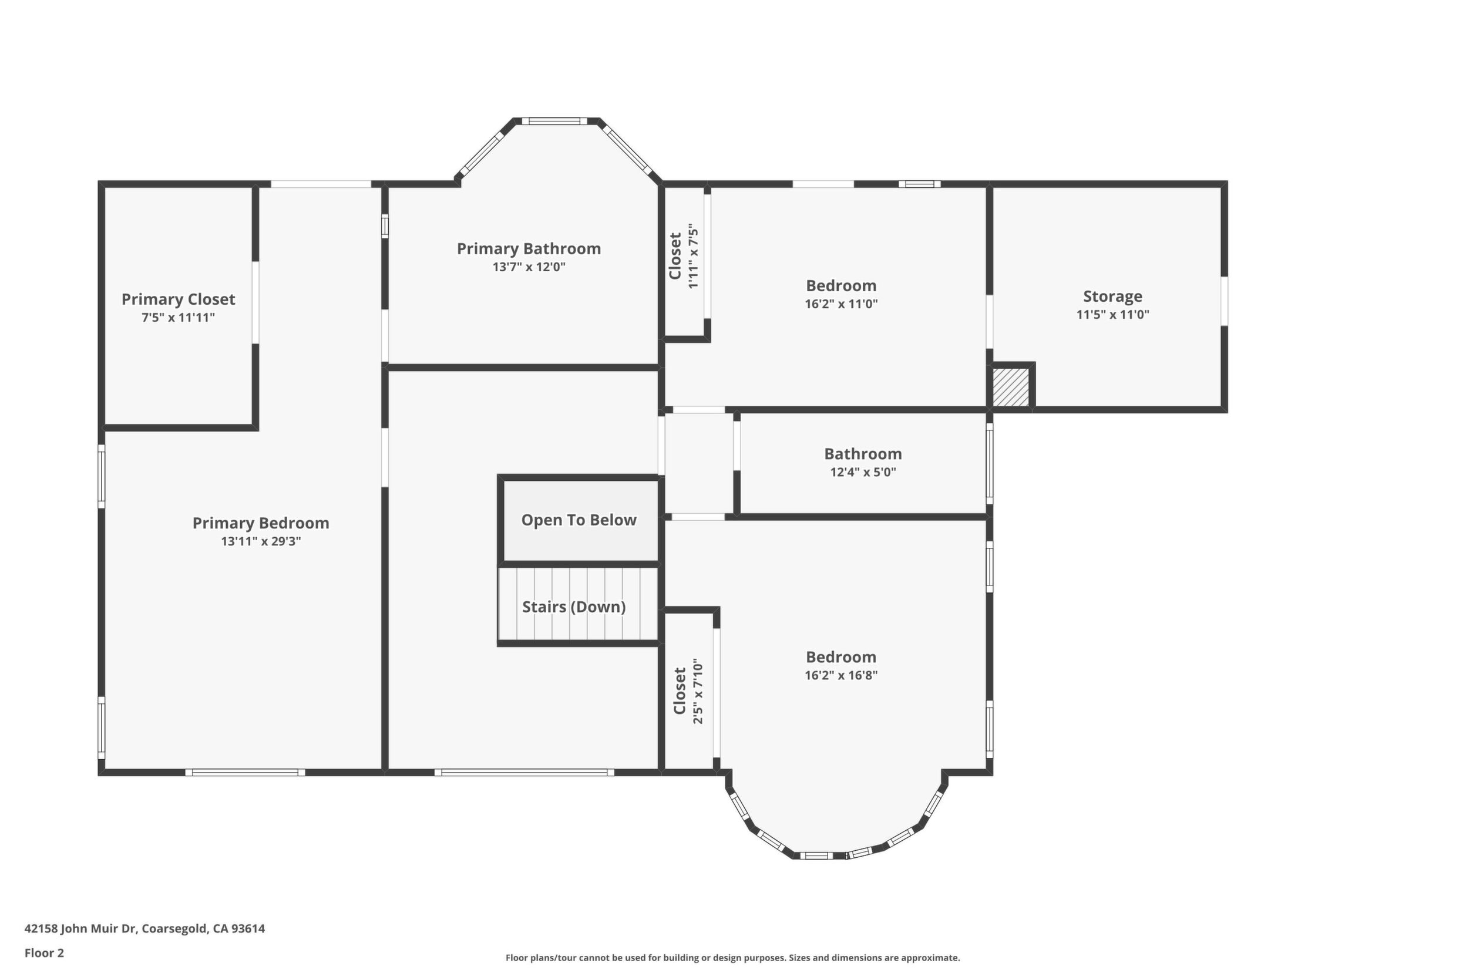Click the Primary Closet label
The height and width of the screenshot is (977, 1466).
(x=179, y=299)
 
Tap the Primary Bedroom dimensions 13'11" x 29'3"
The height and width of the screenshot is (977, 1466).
(x=261, y=541)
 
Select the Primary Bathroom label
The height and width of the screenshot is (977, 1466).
(x=529, y=249)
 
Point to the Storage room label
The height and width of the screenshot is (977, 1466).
(x=1112, y=297)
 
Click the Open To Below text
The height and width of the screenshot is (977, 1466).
(x=579, y=520)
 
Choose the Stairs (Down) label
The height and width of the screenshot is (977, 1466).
(x=573, y=607)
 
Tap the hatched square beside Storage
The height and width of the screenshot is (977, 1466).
(x=1010, y=387)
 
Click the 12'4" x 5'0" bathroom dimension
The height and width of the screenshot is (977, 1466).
(x=863, y=471)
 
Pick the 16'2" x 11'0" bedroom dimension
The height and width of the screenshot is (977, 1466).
(x=841, y=304)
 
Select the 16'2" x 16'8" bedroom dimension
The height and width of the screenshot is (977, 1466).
(x=841, y=675)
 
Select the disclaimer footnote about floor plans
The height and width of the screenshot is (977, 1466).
(x=732, y=958)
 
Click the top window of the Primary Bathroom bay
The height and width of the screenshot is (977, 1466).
(x=554, y=122)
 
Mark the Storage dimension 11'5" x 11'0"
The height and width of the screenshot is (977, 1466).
(x=1112, y=315)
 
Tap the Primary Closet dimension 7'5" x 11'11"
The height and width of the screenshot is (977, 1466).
(x=179, y=318)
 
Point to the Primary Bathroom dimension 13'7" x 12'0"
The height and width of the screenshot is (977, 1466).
(x=529, y=267)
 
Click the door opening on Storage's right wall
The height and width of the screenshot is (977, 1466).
(x=1224, y=301)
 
